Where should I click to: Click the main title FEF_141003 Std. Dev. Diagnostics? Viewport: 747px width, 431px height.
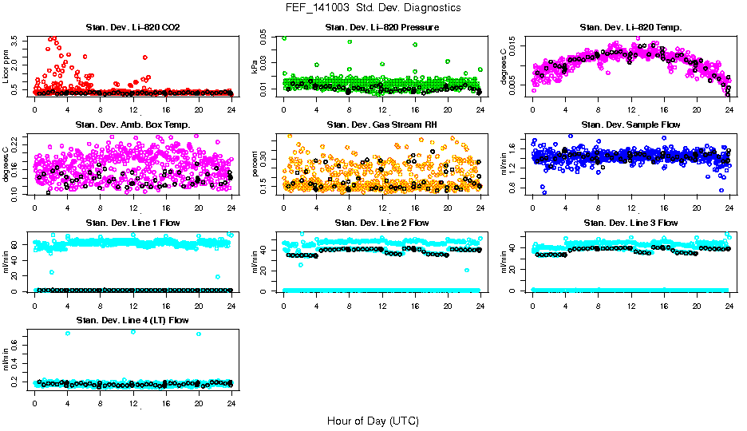click(x=373, y=8)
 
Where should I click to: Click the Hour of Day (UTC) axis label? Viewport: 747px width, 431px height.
click(x=373, y=421)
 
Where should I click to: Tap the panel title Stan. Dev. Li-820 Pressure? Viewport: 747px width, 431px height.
click(x=381, y=28)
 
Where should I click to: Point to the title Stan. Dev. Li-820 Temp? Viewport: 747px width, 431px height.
click(x=630, y=28)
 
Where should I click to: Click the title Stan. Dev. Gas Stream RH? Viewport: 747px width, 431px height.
click(x=381, y=125)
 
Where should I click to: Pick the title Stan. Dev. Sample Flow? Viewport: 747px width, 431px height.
click(x=630, y=125)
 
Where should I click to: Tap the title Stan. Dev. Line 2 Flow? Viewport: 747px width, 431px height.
click(x=381, y=223)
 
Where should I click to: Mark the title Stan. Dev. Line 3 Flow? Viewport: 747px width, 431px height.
click(x=630, y=223)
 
